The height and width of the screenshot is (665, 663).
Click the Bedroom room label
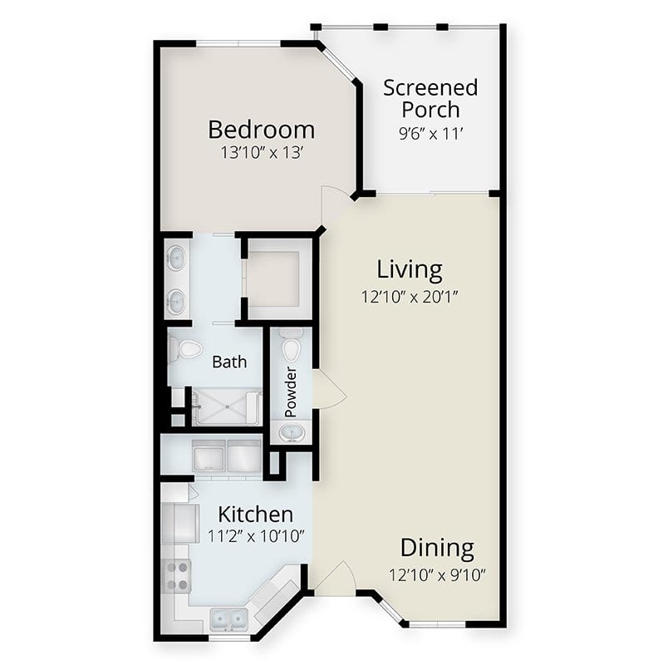pos(262,130)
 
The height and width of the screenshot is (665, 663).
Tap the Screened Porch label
pos(430,98)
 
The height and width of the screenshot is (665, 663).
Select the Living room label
pos(410,270)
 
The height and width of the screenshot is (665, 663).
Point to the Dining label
pos(437,548)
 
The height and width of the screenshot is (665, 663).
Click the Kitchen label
pos(255,515)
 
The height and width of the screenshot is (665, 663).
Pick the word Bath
pos(229,362)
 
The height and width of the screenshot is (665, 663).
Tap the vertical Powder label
pos(291,392)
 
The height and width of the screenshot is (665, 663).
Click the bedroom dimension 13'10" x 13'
pos(262,153)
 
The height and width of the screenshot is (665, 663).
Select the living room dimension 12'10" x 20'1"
pos(410,297)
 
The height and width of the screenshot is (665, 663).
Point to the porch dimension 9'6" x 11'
pos(430,134)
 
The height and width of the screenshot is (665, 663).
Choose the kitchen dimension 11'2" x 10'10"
pos(256,536)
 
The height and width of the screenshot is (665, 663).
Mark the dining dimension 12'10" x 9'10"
pos(437,575)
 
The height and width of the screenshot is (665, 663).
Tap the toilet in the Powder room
pos(292,346)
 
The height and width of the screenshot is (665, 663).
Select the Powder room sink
pos(292,433)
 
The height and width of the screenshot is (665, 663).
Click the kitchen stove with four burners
pos(177,575)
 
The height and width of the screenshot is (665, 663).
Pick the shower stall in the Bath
pos(227,406)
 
